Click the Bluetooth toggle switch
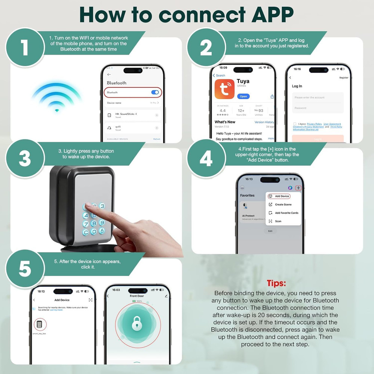[x=155, y=92]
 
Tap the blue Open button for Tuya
[x=243, y=96]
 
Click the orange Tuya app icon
[x=224, y=89]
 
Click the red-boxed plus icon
[x=298, y=188]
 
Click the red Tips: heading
[x=276, y=283]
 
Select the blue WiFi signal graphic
[x=56, y=96]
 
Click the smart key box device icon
[x=40, y=325]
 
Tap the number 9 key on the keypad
[x=102, y=223]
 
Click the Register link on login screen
[x=343, y=78]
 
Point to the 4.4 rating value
[x=223, y=111]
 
